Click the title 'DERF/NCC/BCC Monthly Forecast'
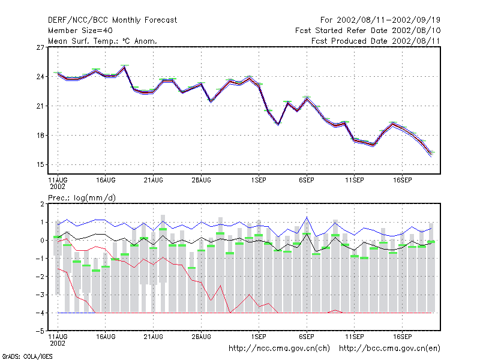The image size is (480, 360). click(112, 20)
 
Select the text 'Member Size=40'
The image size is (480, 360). click(80, 31)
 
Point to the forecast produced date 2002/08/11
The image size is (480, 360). click(416, 41)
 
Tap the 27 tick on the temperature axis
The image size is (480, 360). click(40, 47)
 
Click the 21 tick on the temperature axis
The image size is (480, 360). click(40, 106)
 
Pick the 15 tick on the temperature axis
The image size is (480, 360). click(40, 164)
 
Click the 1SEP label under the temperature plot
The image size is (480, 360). click(259, 181)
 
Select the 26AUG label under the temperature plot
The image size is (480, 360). click(201, 181)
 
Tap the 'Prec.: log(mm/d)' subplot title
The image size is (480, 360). click(82, 198)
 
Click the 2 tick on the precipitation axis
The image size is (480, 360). click(42, 204)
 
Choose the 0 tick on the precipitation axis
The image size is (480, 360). click(42, 241)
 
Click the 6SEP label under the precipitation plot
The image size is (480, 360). click(307, 337)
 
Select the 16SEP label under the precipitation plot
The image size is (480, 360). click(402, 337)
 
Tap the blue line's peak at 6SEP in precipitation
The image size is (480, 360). click(307, 217)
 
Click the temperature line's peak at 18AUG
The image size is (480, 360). click(125, 67)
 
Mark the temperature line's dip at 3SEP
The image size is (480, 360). click(278, 124)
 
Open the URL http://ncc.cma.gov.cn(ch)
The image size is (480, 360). click(279, 349)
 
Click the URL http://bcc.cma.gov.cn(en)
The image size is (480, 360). click(389, 349)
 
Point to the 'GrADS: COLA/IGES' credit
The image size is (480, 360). click(27, 356)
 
